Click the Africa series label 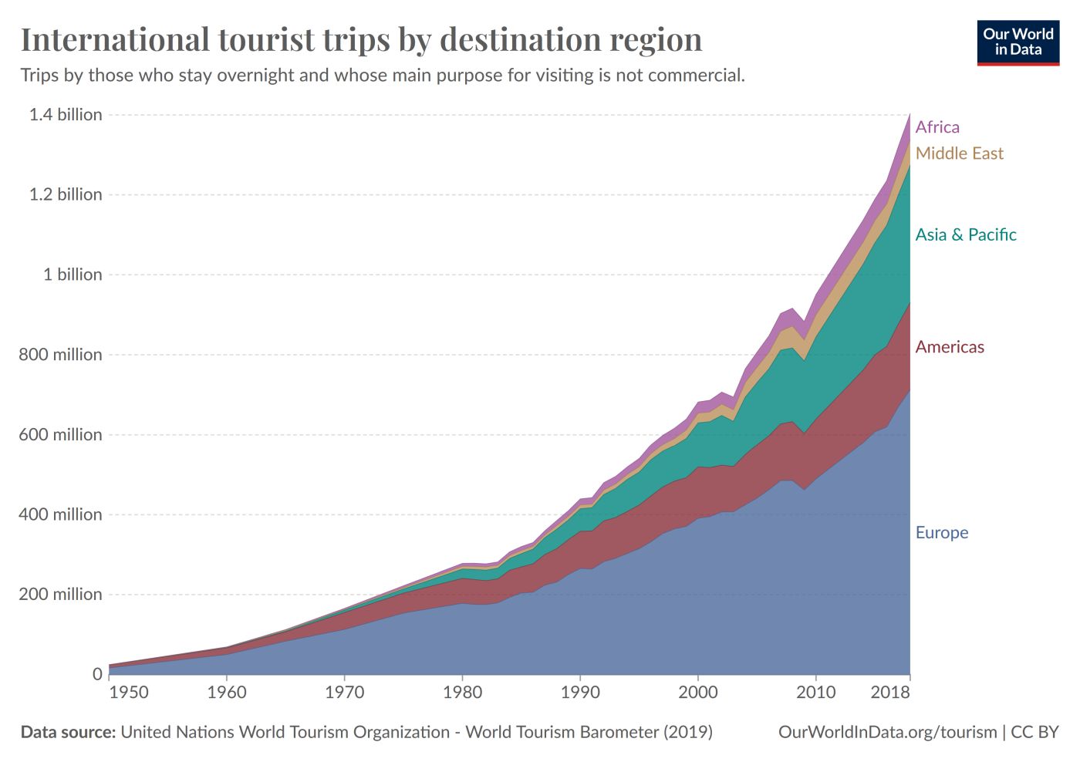pyautogui.click(x=937, y=127)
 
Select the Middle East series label pyautogui.click(x=959, y=153)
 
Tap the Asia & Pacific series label pyautogui.click(x=966, y=234)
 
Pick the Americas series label pyautogui.click(x=950, y=347)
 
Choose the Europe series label pyautogui.click(x=941, y=533)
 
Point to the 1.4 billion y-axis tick pyautogui.click(x=66, y=115)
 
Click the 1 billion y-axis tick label pyautogui.click(x=73, y=275)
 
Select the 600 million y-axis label pyautogui.click(x=61, y=435)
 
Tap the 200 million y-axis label pyautogui.click(x=61, y=595)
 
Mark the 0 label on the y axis pyautogui.click(x=97, y=674)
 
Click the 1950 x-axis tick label pyautogui.click(x=129, y=693)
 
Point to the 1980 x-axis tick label pyautogui.click(x=462, y=693)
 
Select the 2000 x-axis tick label pyautogui.click(x=697, y=693)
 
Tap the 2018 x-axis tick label pyautogui.click(x=890, y=693)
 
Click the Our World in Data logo pyautogui.click(x=1018, y=42)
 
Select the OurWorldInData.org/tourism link pyautogui.click(x=887, y=732)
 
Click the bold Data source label pyautogui.click(x=68, y=732)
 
